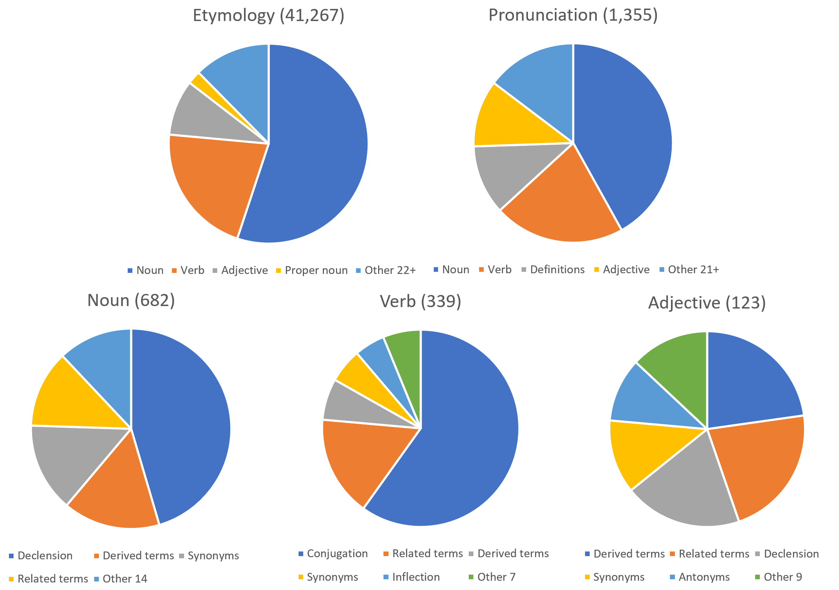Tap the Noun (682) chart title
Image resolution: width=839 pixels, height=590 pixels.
pyautogui.click(x=131, y=301)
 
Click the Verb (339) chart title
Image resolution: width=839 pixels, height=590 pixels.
pyautogui.click(x=421, y=302)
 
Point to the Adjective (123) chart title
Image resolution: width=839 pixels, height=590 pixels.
pyautogui.click(x=707, y=303)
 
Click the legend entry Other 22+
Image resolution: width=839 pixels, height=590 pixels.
pyautogui.click(x=390, y=270)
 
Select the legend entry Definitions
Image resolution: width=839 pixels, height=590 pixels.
pyautogui.click(x=557, y=270)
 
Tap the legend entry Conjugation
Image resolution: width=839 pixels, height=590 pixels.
pyautogui.click(x=337, y=554)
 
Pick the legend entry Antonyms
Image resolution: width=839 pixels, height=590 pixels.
pyautogui.click(x=704, y=577)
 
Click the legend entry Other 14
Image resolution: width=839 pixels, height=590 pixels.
pyautogui.click(x=124, y=579)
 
